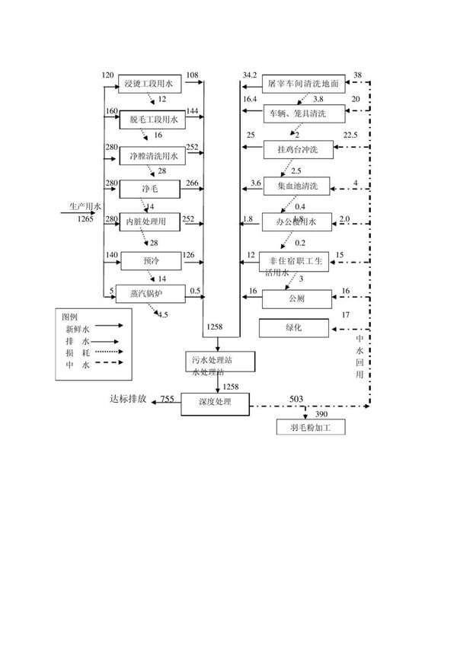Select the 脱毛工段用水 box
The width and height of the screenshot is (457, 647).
[x=152, y=120]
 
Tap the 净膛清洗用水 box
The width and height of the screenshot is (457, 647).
[x=152, y=157]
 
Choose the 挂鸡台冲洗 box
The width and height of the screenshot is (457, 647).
[x=300, y=150]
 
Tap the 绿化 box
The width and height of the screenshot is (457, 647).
[x=295, y=328]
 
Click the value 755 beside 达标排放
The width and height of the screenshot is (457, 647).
[x=168, y=399]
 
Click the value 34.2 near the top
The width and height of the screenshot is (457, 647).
[x=250, y=74]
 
